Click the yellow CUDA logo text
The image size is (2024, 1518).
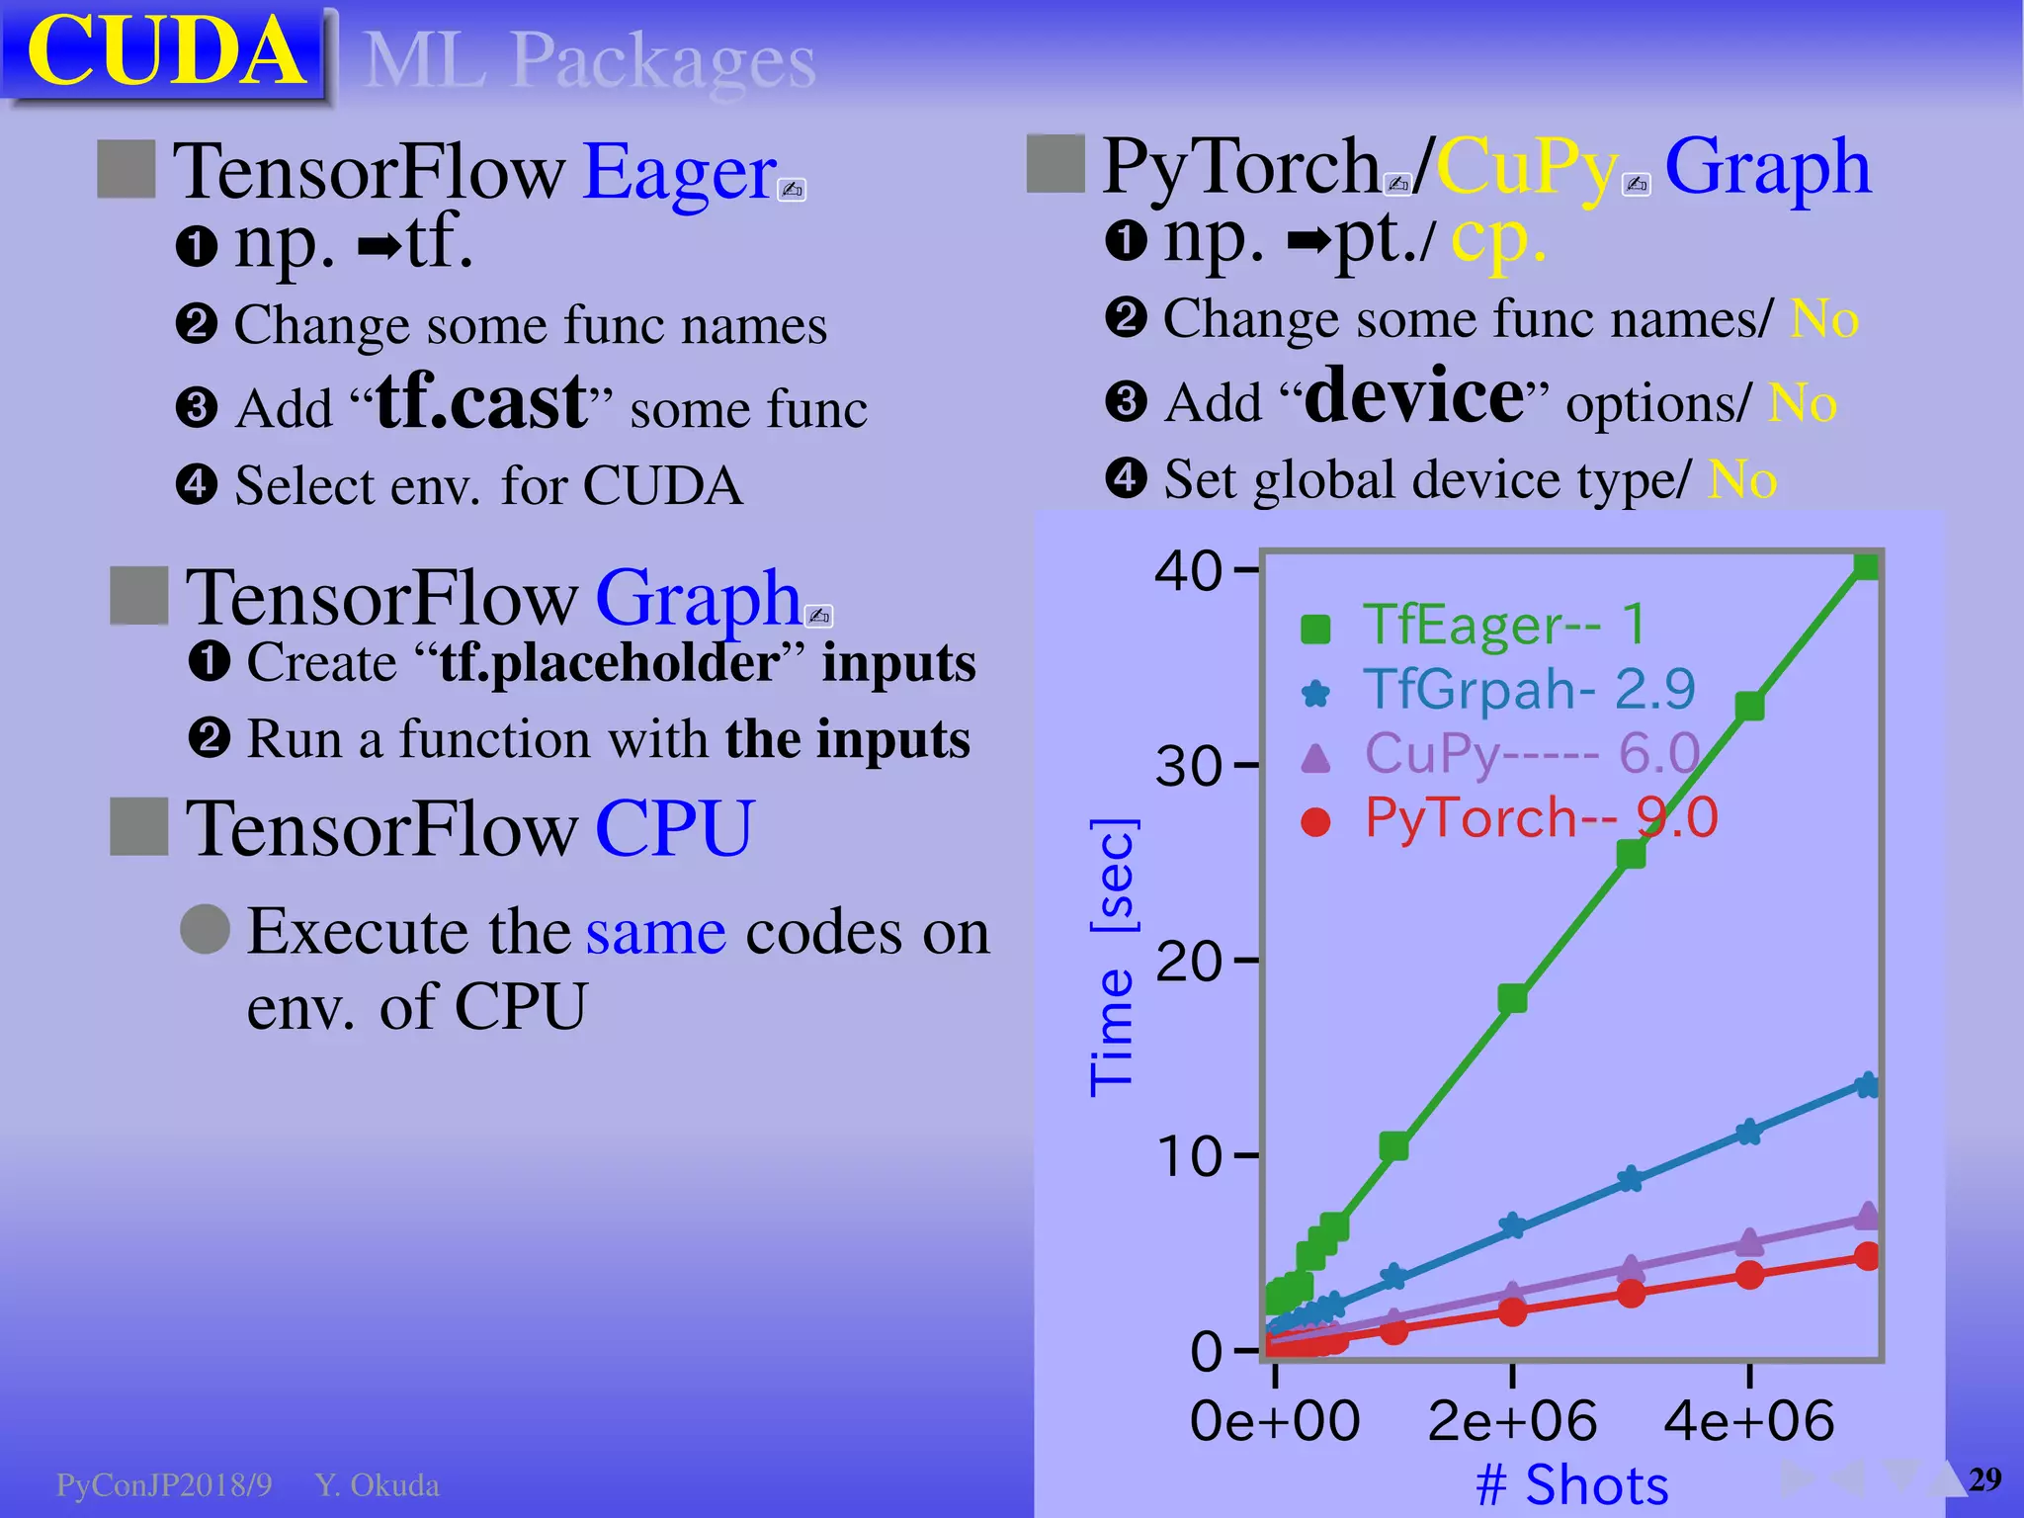coord(165,51)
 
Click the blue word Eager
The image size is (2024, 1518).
coord(680,172)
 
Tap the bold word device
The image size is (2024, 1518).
coord(1415,395)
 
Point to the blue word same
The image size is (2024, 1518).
coord(656,931)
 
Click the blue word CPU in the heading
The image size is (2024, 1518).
coord(674,828)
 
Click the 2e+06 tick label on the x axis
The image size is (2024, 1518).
coord(1512,1421)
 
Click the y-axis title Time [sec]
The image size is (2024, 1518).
coord(1113,957)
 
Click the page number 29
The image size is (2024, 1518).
coord(1984,1479)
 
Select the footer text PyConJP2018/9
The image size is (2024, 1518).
coord(164,1485)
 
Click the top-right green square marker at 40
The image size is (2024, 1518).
coord(1866,566)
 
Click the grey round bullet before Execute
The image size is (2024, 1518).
coord(206,929)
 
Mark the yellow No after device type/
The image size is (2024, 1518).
coord(1743,480)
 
